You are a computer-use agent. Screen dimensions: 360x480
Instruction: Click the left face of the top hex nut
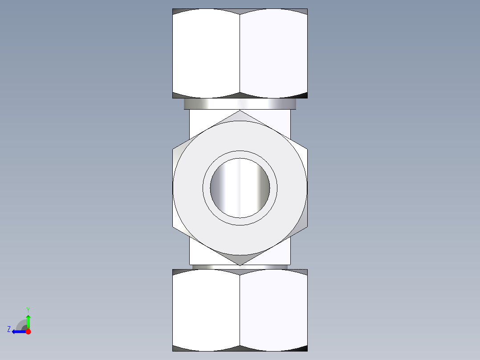coord(206,53)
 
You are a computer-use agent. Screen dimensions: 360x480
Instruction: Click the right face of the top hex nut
coord(273,53)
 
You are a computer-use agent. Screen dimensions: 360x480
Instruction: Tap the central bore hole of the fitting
coord(240,188)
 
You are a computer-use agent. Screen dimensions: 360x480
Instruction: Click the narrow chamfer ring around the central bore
coord(240,154)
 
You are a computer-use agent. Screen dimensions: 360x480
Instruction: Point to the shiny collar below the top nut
coord(240,104)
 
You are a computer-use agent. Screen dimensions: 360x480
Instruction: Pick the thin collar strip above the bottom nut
coord(240,267)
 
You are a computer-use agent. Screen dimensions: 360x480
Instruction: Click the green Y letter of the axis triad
coord(28,309)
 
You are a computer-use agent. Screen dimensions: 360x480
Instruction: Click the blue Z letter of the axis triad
coord(9,329)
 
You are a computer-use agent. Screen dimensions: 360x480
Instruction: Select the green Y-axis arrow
coord(28,321)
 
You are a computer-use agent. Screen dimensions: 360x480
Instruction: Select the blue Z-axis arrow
coord(18,331)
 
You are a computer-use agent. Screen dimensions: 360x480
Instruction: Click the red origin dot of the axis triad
coord(28,331)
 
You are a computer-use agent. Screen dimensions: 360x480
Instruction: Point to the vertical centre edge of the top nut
coord(240,53)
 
